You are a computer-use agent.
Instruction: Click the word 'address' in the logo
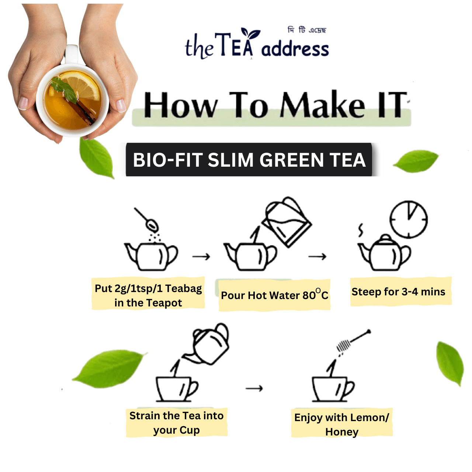295,49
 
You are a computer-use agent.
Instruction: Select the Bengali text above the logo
307,30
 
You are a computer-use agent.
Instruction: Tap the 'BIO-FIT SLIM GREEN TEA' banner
249,160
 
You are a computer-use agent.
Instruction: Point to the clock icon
409,219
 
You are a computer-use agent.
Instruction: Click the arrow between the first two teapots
201,257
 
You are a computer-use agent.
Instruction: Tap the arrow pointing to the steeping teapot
317,256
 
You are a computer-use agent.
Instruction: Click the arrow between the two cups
254,388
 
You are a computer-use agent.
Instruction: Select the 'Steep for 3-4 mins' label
399,292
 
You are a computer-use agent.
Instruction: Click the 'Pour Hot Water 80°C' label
274,295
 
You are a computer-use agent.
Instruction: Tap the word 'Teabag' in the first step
183,288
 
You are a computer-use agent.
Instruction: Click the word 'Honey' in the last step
342,432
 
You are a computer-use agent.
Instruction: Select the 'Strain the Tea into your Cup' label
176,423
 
